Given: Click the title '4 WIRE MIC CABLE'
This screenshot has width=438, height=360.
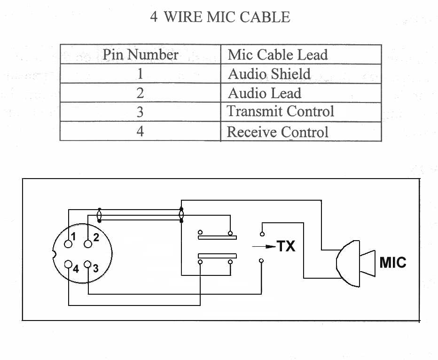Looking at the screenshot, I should point(220,17).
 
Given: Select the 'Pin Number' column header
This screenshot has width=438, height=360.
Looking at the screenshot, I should point(140,55).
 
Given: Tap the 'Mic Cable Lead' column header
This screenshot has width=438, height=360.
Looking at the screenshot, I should point(277,55).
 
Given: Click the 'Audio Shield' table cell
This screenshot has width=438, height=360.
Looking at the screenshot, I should point(269,74).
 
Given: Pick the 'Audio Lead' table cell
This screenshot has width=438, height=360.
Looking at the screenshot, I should point(264,93).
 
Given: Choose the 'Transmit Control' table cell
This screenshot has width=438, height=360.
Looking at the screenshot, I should point(280,112).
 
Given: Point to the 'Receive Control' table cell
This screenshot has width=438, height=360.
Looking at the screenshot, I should point(277,132).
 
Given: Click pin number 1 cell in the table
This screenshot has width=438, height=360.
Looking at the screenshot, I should point(140,74).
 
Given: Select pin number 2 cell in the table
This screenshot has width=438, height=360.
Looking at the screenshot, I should point(140,93).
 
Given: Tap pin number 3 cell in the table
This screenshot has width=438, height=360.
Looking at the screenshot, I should point(140,112).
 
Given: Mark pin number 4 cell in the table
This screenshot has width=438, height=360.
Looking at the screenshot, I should point(140,131).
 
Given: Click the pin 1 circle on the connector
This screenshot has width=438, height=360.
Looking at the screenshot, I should point(69,244).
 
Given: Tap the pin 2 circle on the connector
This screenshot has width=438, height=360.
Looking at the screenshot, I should point(88,243).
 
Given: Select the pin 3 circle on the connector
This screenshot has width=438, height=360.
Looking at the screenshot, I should point(87,264).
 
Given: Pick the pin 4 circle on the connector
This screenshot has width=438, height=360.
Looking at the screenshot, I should point(69,264).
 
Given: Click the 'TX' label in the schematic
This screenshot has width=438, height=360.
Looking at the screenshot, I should point(286,246).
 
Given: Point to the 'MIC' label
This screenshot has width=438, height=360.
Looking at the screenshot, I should point(392,262).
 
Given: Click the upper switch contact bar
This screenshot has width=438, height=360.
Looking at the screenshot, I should point(217,237).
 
